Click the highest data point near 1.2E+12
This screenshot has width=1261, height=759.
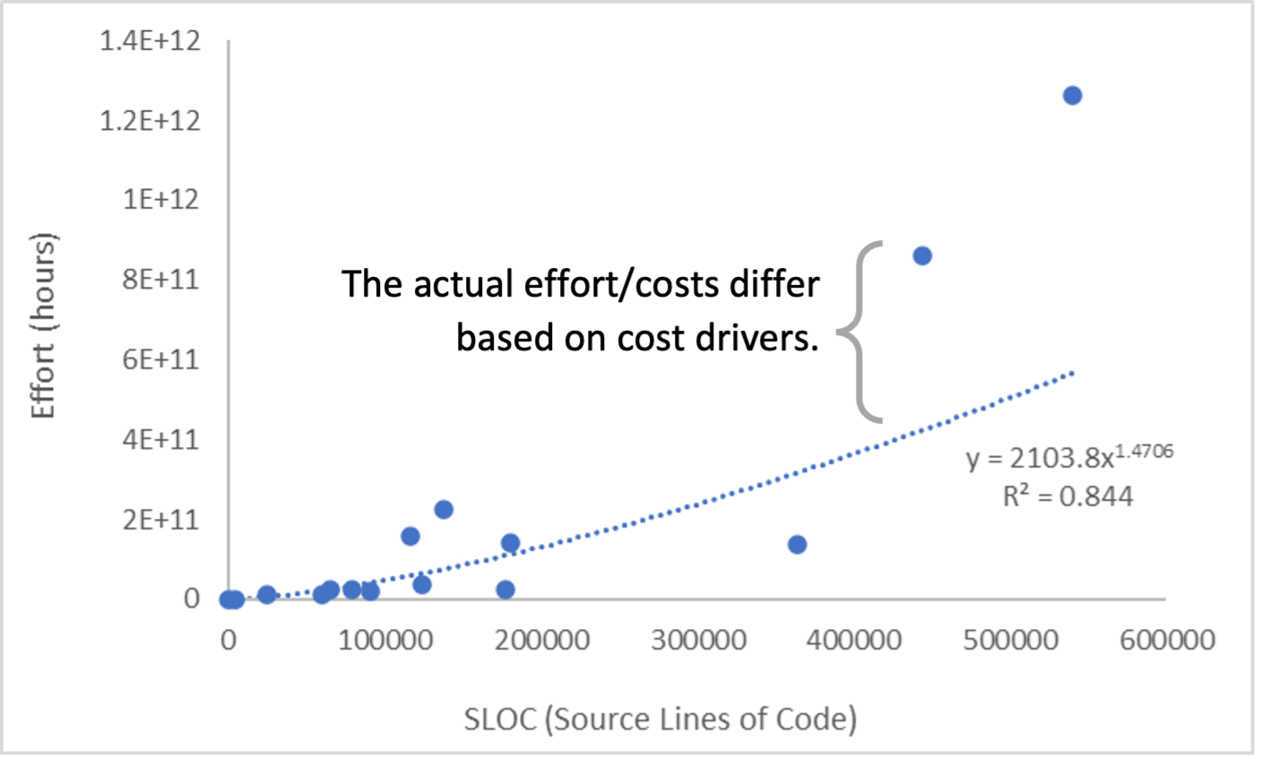1072,96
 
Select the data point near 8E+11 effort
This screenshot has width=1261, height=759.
921,256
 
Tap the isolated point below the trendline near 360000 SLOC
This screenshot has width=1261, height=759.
797,545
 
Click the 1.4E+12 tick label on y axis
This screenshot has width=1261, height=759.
151,41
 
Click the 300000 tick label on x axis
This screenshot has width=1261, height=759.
699,640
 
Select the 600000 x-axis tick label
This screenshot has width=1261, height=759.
1167,640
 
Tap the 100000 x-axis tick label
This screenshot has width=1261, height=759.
387,640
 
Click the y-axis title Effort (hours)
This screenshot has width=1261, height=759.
43,324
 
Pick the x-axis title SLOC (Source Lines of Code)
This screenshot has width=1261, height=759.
661,719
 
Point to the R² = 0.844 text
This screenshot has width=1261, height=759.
1067,496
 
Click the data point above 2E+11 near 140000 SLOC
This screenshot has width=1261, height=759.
443,510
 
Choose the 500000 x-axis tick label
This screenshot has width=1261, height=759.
1011,640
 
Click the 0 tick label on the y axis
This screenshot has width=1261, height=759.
192,599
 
